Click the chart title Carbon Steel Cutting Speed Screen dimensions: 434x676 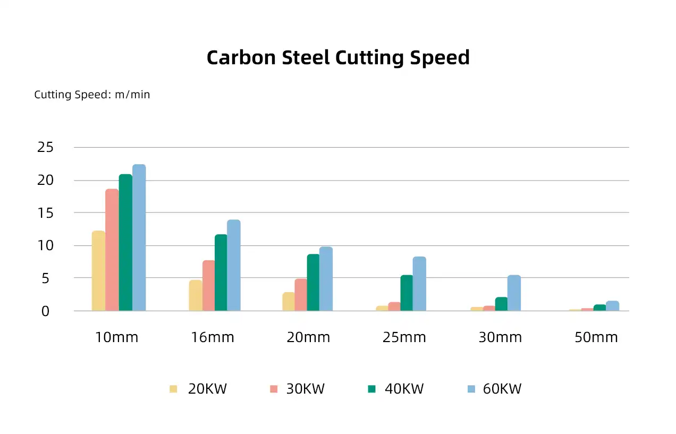point(338,57)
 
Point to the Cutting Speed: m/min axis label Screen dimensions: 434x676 point(92,95)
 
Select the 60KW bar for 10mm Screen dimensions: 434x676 point(139,237)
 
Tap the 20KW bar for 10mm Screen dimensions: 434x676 point(98,271)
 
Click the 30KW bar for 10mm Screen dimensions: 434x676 point(112,250)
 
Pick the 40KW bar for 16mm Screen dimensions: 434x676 point(221,273)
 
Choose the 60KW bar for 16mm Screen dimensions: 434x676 point(234,265)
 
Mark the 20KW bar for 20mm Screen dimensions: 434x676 point(289,302)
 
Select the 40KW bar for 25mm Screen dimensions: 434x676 point(407,293)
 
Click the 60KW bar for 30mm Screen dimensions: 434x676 point(514,293)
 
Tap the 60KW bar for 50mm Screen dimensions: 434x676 point(612,306)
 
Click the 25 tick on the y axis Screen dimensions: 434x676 point(46,148)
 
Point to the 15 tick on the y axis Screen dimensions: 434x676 point(46,213)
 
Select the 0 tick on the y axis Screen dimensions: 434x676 point(46,311)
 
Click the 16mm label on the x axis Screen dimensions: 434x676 point(213,337)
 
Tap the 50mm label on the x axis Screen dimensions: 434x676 point(596,337)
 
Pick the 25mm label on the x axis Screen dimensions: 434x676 point(404,337)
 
